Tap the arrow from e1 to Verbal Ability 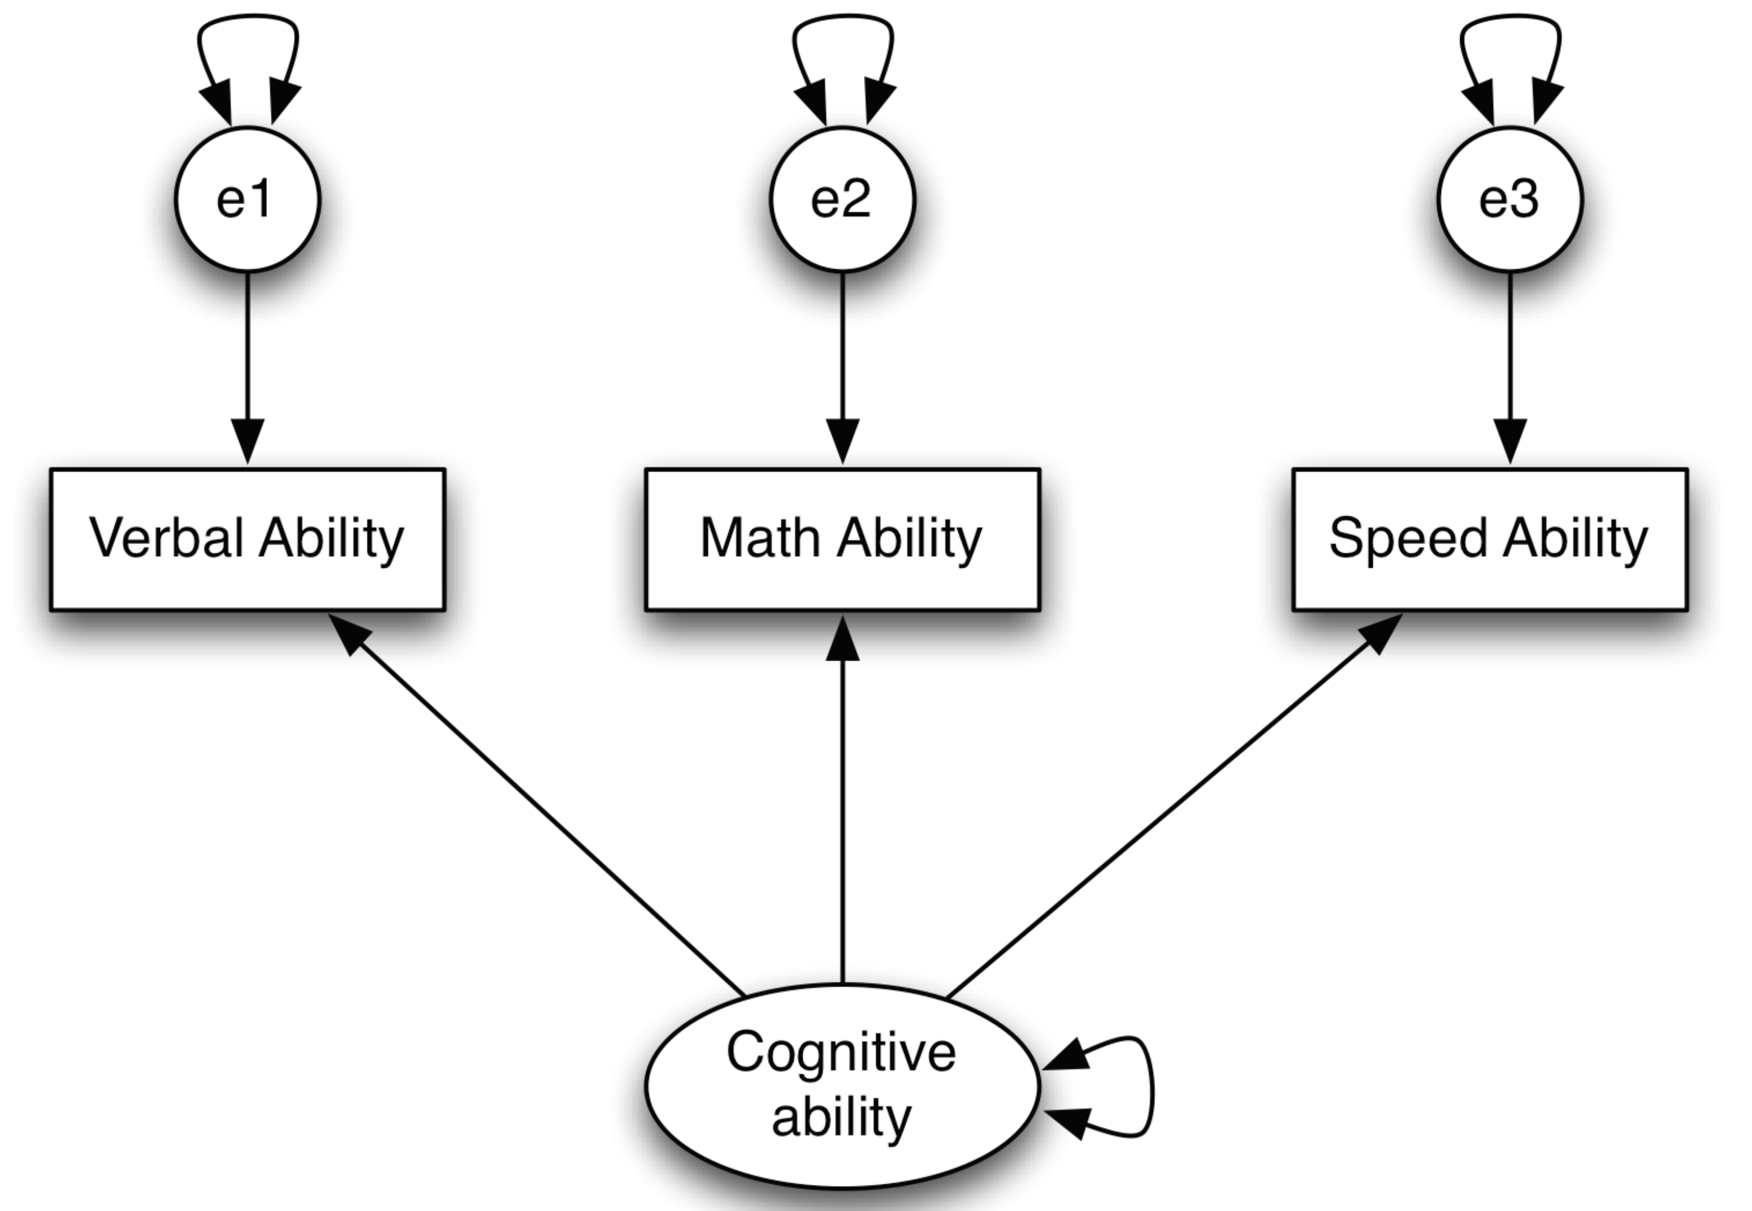(247, 356)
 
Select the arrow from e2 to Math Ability (842, 356)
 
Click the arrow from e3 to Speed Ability (1509, 356)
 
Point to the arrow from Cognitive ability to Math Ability (842, 804)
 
